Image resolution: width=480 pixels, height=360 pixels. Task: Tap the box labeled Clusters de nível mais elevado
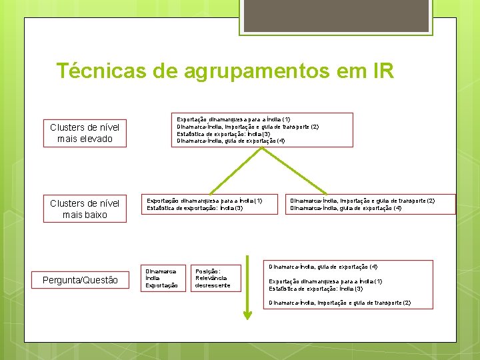coord(85,133)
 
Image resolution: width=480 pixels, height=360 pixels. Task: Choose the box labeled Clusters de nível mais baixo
coord(85,209)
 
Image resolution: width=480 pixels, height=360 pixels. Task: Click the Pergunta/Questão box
coord(80,281)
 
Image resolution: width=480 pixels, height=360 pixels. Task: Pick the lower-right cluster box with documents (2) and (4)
coord(371,204)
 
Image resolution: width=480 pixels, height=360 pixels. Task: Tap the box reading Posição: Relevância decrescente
coord(212,278)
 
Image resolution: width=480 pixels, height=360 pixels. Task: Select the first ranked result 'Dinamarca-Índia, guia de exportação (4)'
coord(323,267)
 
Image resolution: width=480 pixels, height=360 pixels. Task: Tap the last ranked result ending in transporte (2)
coord(339,303)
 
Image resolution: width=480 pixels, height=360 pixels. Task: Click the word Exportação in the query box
coord(161,285)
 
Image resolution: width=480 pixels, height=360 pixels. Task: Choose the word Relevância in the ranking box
coord(211,278)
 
